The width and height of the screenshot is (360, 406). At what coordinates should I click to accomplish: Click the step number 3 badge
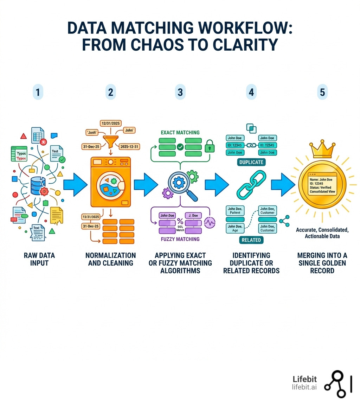180,93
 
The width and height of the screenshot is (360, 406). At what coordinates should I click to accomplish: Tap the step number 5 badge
322,93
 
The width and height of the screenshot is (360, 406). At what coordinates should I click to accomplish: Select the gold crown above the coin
322,150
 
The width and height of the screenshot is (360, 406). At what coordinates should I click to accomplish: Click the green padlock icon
209,146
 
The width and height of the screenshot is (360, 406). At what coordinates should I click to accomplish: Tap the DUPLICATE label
251,163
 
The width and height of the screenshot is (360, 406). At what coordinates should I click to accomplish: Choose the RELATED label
251,240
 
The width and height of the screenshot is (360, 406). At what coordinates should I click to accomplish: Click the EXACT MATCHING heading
180,133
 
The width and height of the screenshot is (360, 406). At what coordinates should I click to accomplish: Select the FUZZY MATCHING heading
180,239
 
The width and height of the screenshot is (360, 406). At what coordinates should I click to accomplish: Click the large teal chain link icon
251,185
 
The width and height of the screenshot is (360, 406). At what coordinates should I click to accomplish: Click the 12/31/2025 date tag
110,123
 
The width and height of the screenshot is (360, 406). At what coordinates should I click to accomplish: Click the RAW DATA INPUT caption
39,259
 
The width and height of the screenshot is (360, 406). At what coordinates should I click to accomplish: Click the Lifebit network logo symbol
338,384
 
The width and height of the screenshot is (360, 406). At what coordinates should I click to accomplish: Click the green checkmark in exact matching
180,147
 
